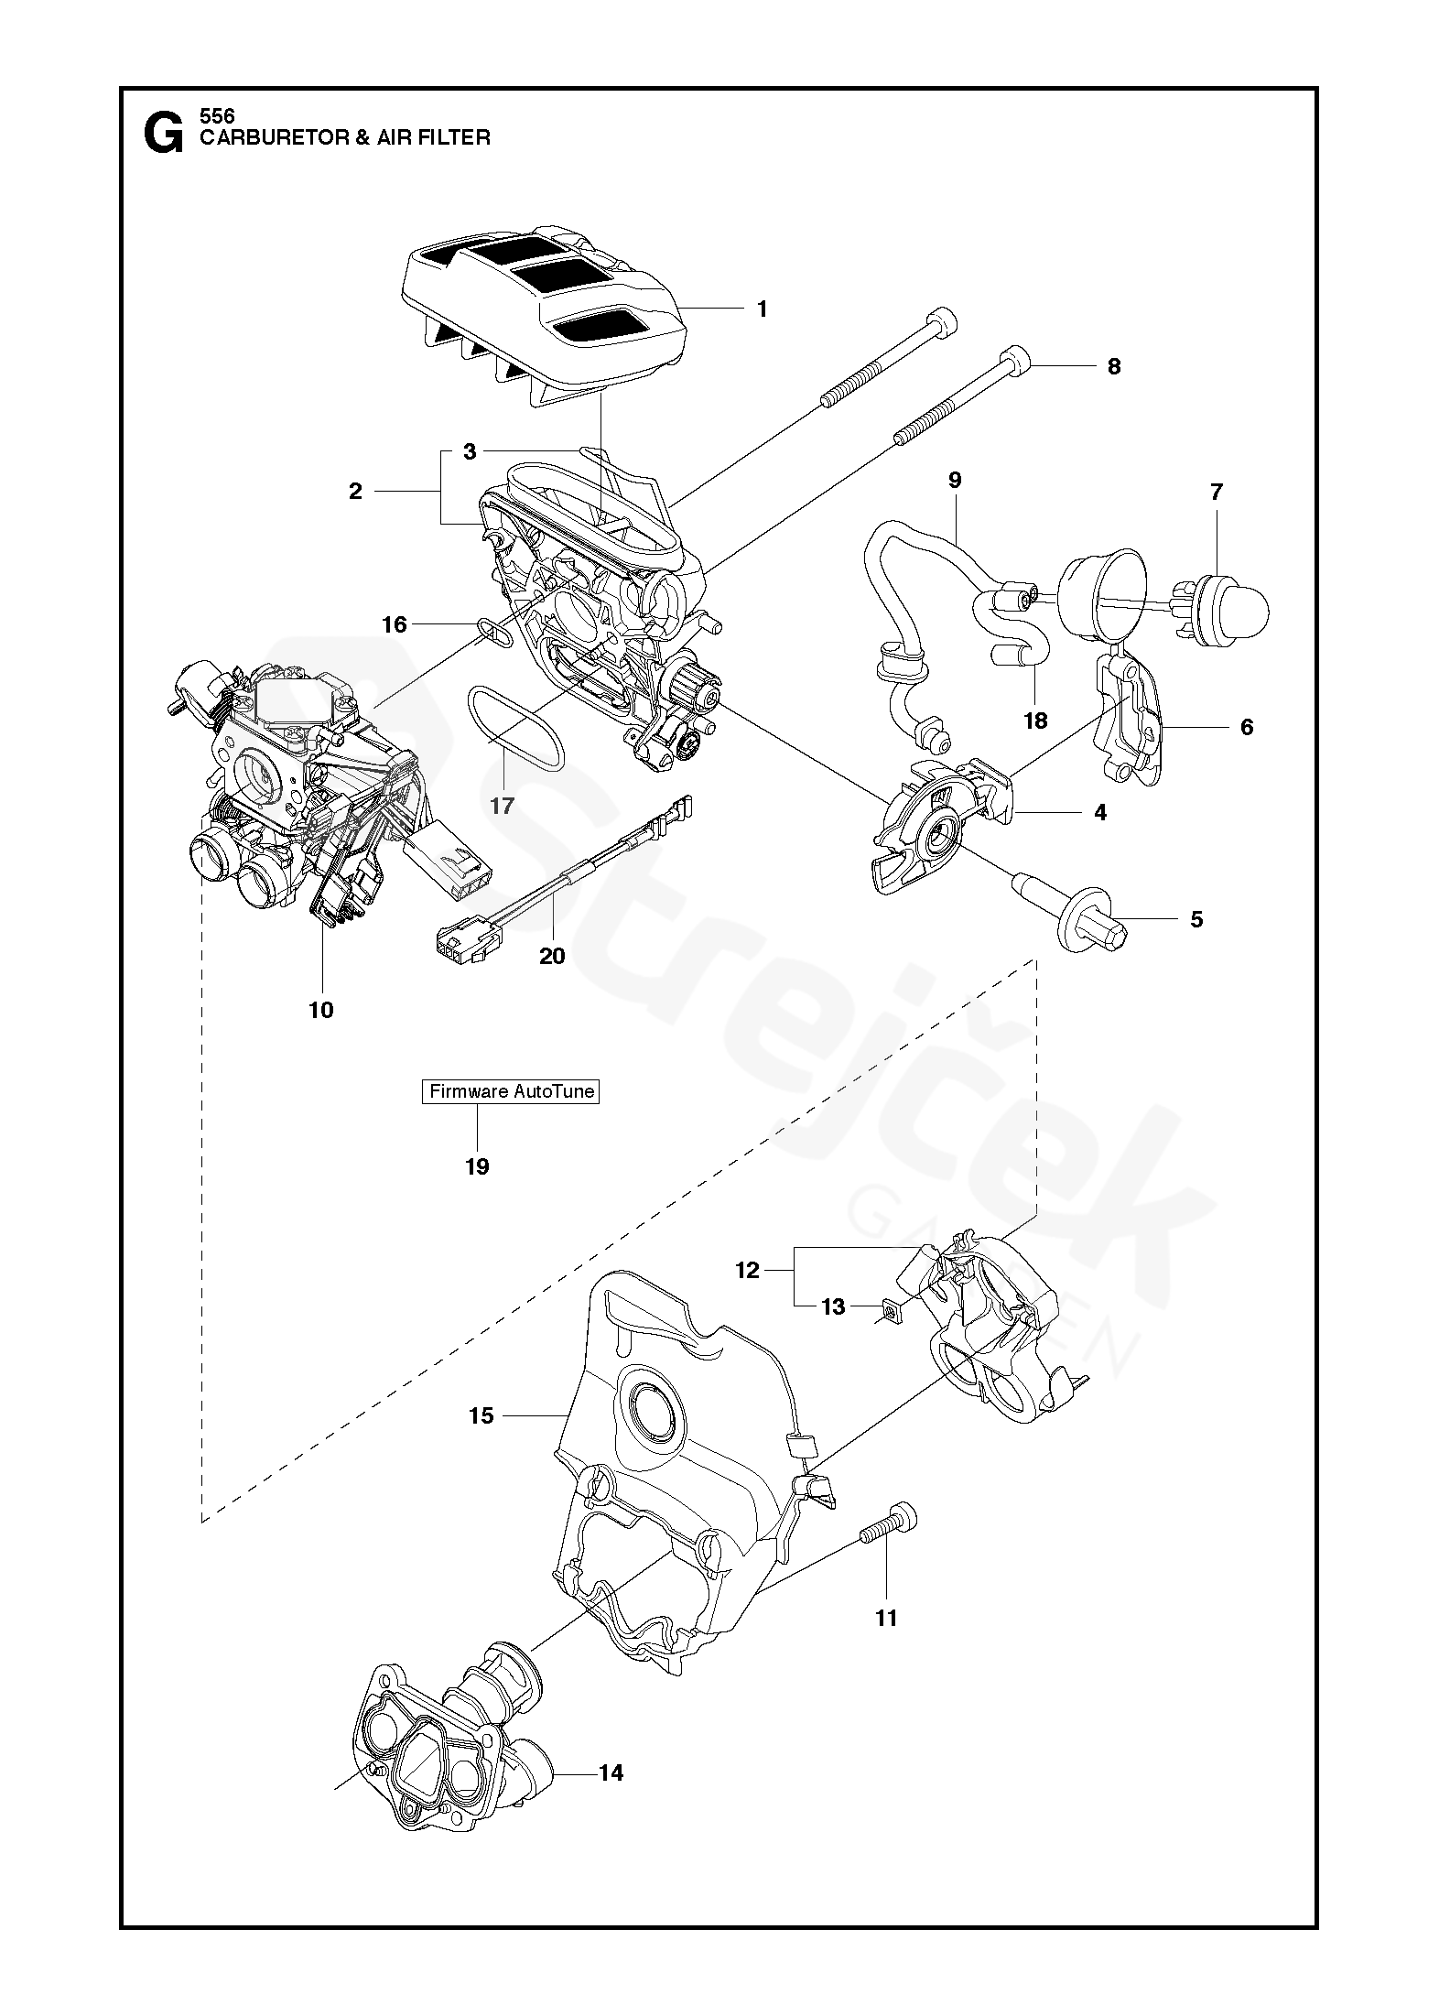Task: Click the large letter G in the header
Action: click(x=163, y=135)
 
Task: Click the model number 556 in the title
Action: click(x=217, y=116)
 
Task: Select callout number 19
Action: click(x=477, y=1166)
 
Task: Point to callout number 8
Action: click(x=1114, y=366)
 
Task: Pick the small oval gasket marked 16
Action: click(x=494, y=631)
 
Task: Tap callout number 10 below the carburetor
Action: click(x=321, y=1011)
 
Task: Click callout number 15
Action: click(x=481, y=1415)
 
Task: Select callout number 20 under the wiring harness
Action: click(x=552, y=956)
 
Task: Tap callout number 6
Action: click(x=1246, y=727)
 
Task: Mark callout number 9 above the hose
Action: click(x=955, y=480)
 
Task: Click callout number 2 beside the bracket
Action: click(x=355, y=492)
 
